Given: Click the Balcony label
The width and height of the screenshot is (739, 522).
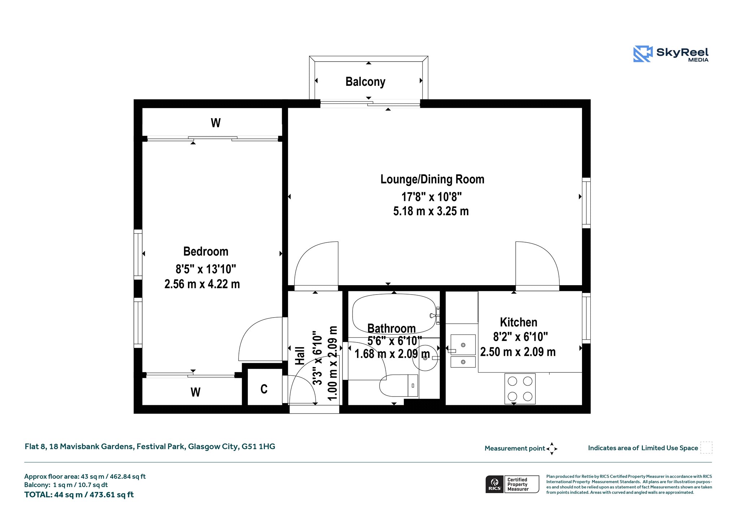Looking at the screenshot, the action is (365, 82).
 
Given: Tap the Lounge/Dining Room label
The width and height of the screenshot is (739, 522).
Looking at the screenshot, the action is (432, 179).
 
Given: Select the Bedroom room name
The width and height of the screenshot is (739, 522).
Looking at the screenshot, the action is (206, 251).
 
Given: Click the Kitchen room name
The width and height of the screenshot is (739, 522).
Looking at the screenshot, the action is (519, 322).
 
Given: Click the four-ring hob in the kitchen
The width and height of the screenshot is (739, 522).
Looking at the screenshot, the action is (520, 389).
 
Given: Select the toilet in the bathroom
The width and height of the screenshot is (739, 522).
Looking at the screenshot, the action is (399, 385).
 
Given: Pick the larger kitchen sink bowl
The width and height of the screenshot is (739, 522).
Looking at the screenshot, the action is (463, 345).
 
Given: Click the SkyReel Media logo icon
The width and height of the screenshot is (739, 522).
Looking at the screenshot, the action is (643, 54).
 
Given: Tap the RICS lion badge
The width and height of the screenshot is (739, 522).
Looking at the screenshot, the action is (494, 484).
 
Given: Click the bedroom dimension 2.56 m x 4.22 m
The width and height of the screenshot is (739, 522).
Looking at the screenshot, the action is (202, 284).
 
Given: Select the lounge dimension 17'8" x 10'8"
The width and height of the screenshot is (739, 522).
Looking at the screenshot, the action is (432, 197).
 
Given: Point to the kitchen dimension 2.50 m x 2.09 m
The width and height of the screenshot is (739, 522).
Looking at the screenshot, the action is (518, 352).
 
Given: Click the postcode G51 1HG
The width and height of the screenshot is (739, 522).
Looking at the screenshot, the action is (258, 446).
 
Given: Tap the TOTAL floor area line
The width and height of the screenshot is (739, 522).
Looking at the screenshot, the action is (79, 495).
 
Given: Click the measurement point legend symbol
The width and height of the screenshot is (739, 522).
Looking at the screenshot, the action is (552, 449).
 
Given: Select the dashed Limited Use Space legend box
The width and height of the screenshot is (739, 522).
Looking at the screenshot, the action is (706, 447).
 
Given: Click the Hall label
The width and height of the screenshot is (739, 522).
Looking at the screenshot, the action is (300, 356).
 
